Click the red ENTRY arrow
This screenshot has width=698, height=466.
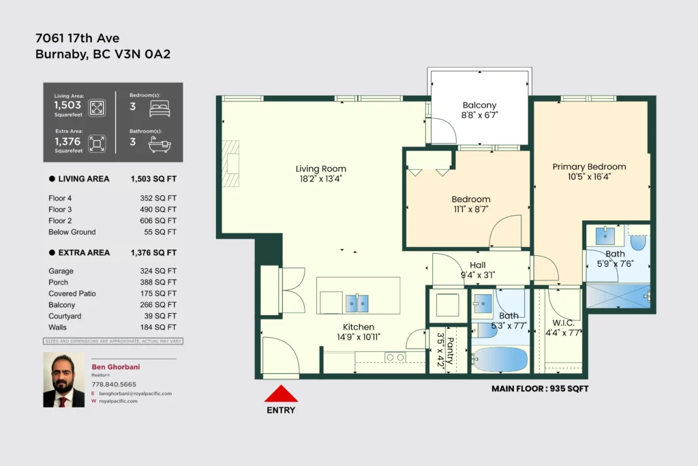click(281, 394)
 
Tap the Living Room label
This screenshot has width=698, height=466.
click(321, 169)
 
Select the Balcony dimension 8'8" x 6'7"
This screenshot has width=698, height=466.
click(479, 115)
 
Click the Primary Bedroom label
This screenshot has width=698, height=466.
click(589, 166)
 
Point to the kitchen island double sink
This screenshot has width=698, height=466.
click(357, 304)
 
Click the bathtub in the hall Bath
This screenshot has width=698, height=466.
click(500, 359)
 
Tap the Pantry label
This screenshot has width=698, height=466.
click(451, 351)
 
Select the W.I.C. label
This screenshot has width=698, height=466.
click(563, 323)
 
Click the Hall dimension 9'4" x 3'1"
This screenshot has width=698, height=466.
click(478, 276)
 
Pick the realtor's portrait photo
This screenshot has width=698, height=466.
click(63, 380)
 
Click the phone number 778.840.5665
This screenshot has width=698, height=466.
click(114, 384)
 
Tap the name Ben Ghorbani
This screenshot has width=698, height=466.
click(116, 366)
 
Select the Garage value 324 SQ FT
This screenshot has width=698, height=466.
click(158, 271)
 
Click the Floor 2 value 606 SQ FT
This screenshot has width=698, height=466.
click(158, 220)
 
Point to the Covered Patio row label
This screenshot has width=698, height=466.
click(72, 293)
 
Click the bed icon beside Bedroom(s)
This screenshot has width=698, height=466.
click(160, 108)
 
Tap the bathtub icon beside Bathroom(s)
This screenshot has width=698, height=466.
click(160, 145)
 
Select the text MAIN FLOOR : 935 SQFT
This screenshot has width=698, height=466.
click(540, 388)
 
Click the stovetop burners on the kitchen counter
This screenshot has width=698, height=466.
click(395, 358)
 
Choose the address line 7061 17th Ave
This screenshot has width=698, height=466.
click(78, 38)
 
